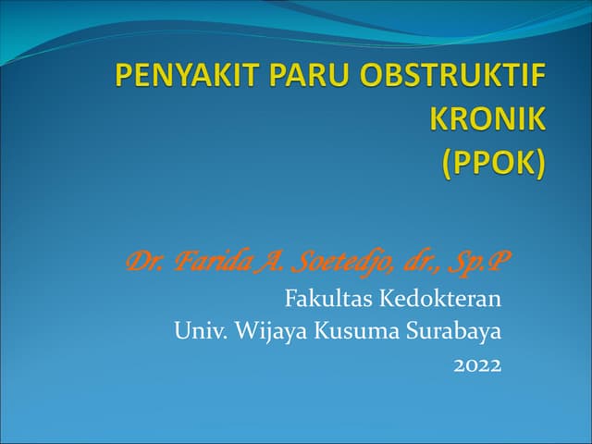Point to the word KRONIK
(488, 117)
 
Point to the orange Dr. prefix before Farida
(142, 264)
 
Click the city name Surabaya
(453, 331)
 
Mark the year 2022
(477, 365)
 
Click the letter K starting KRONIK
(440, 117)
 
